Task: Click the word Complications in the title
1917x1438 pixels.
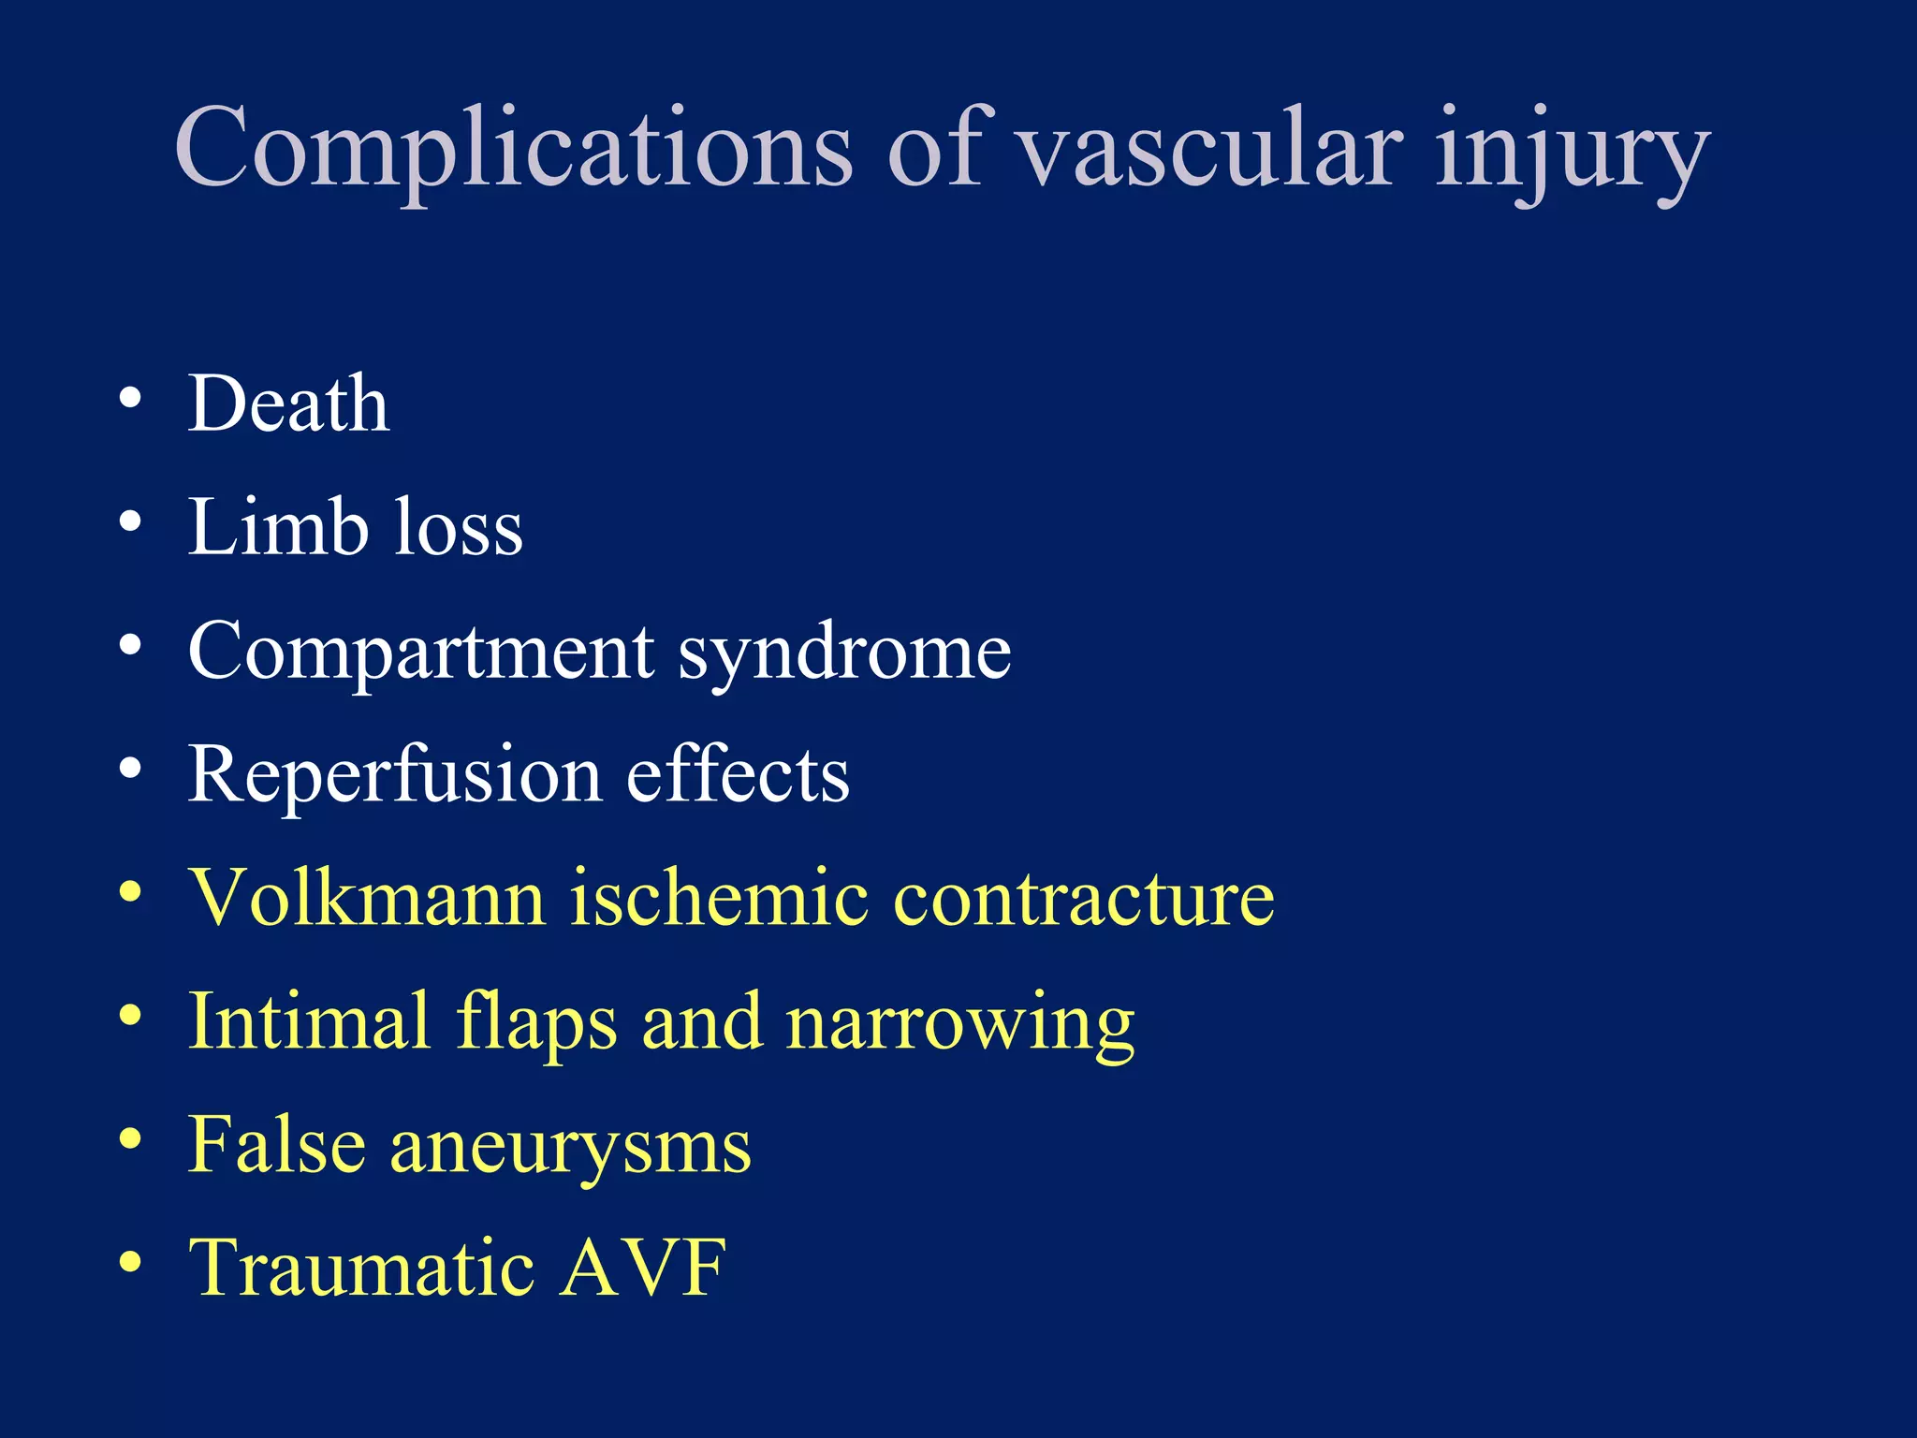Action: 513,150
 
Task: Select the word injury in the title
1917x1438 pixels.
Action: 1573,154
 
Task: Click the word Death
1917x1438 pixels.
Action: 288,404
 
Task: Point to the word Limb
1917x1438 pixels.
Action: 278,527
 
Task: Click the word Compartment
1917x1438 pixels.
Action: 421,653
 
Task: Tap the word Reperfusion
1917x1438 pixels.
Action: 394,776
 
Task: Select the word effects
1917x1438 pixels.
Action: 738,774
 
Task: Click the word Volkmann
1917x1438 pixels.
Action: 367,898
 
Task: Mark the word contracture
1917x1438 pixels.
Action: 1084,900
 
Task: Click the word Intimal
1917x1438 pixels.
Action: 309,1021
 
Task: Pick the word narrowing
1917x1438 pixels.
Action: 960,1025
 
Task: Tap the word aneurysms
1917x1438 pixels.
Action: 570,1148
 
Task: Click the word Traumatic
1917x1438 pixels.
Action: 362,1269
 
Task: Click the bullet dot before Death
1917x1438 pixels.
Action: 130,400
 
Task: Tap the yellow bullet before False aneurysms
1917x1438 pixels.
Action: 130,1139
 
